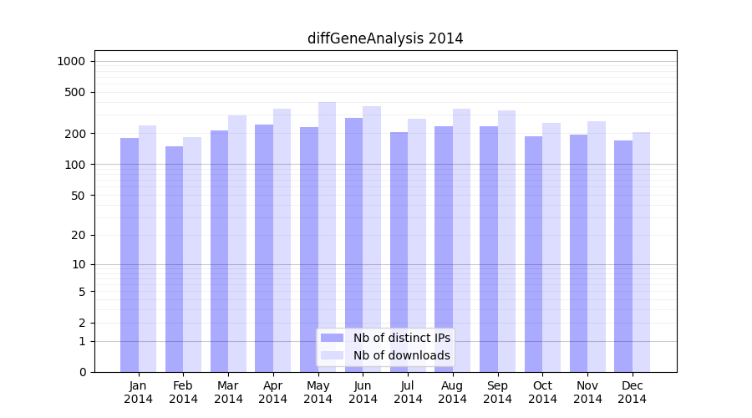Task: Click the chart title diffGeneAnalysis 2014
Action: coord(385,38)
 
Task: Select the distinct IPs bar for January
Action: coord(130,255)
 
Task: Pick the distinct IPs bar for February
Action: coord(174,259)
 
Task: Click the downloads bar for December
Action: coord(641,252)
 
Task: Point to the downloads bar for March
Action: coord(237,243)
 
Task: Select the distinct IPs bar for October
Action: coord(533,254)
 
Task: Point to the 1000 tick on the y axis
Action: coord(71,61)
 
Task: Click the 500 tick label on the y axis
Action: coord(75,92)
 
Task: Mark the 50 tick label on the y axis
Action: coord(78,196)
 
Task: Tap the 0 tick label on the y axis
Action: coord(82,372)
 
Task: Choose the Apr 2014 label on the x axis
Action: coord(273,392)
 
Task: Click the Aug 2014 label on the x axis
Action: coord(452,392)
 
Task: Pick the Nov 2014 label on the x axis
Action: coord(587,392)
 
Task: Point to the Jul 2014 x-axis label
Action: coord(408,392)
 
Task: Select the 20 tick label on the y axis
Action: coord(78,235)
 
